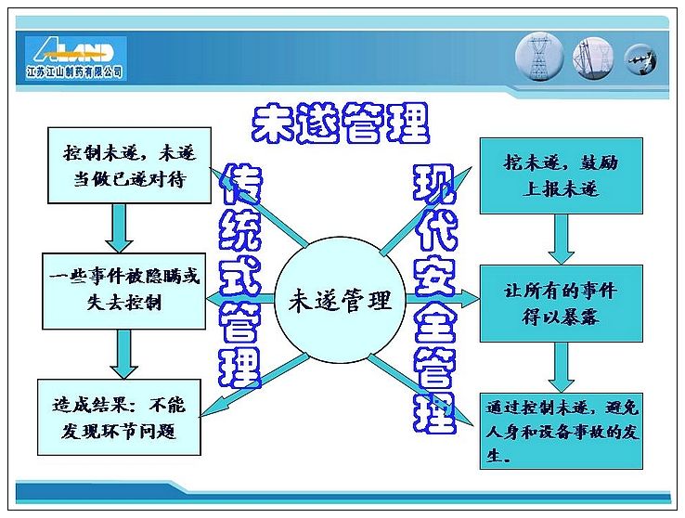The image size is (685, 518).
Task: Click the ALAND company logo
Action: click(x=75, y=58)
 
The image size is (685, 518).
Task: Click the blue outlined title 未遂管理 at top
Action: click(x=341, y=123)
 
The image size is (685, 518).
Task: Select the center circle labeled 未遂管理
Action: click(x=340, y=300)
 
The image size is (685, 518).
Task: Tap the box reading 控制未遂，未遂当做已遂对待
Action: click(x=129, y=165)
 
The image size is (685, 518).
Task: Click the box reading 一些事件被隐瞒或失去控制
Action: click(x=124, y=291)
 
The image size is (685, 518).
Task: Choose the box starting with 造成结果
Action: click(x=119, y=417)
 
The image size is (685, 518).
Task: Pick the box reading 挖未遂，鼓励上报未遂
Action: click(x=562, y=176)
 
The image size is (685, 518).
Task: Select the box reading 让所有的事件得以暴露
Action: click(x=562, y=304)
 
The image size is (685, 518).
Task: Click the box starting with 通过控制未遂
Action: click(x=562, y=431)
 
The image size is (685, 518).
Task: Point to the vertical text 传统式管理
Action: click(x=239, y=277)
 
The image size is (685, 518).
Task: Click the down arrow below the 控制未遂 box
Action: click(x=119, y=228)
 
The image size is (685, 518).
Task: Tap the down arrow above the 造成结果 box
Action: click(x=124, y=355)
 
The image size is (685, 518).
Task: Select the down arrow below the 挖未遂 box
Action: click(x=562, y=240)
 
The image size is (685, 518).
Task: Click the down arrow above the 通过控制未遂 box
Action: click(x=562, y=368)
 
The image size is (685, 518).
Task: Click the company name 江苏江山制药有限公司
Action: click(x=74, y=71)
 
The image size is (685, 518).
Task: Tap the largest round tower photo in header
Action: click(x=539, y=57)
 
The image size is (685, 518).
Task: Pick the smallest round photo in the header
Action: click(x=640, y=59)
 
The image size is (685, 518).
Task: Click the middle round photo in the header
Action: click(x=593, y=58)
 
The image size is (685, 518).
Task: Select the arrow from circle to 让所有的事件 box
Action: click(x=443, y=299)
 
